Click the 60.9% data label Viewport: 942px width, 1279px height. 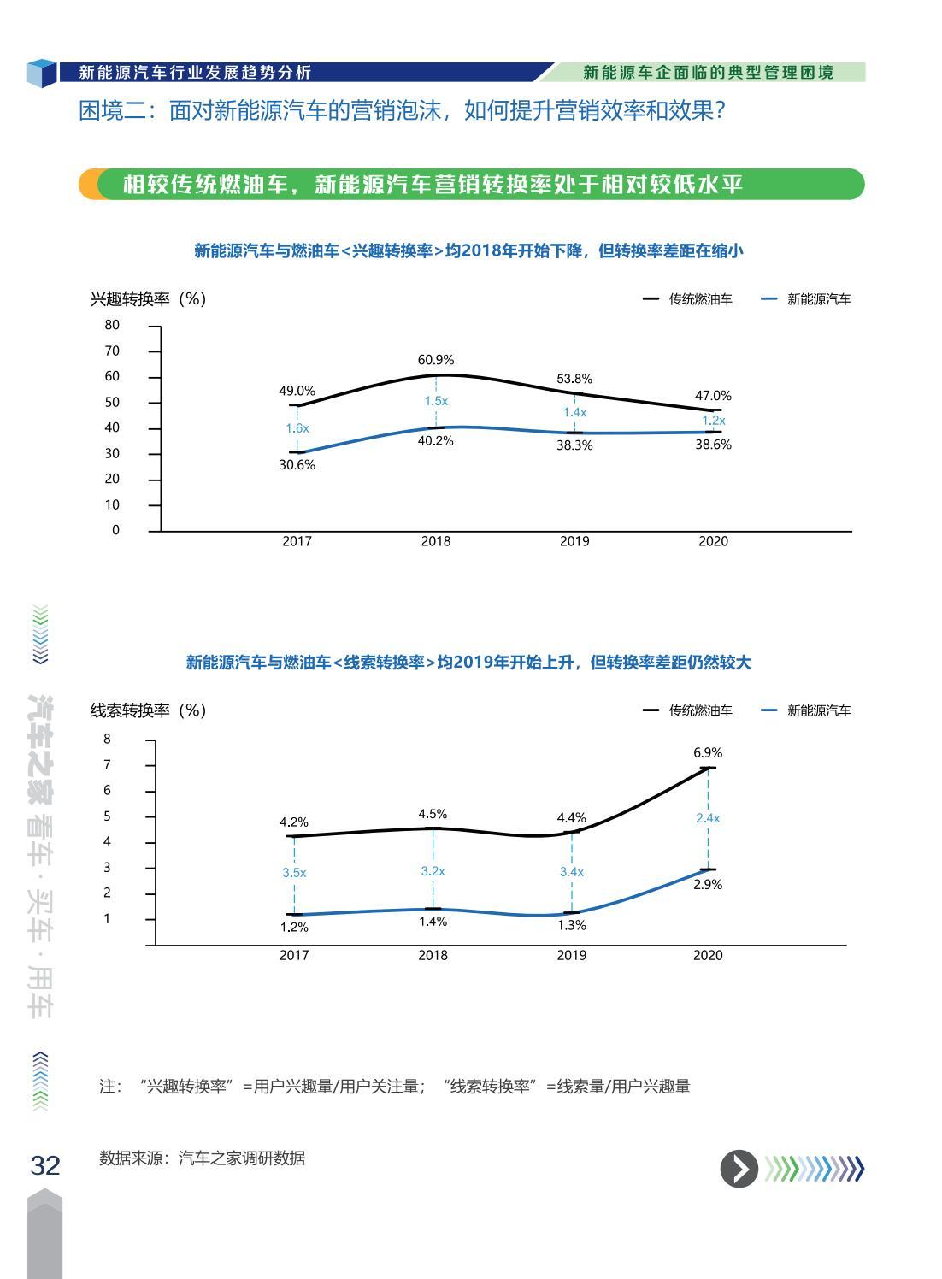click(436, 360)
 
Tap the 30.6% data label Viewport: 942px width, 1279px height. click(297, 465)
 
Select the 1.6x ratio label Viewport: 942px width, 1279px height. click(297, 428)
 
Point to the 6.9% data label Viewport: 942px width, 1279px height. click(708, 752)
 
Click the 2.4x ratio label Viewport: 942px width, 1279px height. click(708, 818)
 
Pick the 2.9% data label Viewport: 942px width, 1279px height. click(708, 885)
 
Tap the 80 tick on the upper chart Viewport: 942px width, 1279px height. click(113, 325)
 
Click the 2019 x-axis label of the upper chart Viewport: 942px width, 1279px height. click(574, 541)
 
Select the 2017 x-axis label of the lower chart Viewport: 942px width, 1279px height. click(294, 955)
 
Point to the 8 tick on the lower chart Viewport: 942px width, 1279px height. click(108, 739)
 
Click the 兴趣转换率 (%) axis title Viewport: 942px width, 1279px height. click(148, 299)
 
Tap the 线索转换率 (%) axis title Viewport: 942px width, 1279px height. click(148, 710)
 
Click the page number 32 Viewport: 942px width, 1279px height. click(45, 1165)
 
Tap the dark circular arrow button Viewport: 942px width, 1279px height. click(739, 1169)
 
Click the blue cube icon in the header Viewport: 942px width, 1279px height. click(41, 73)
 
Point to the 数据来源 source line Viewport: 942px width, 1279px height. click(202, 1158)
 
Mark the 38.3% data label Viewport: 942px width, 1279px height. click(574, 445)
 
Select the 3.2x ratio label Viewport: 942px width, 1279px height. click(433, 871)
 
